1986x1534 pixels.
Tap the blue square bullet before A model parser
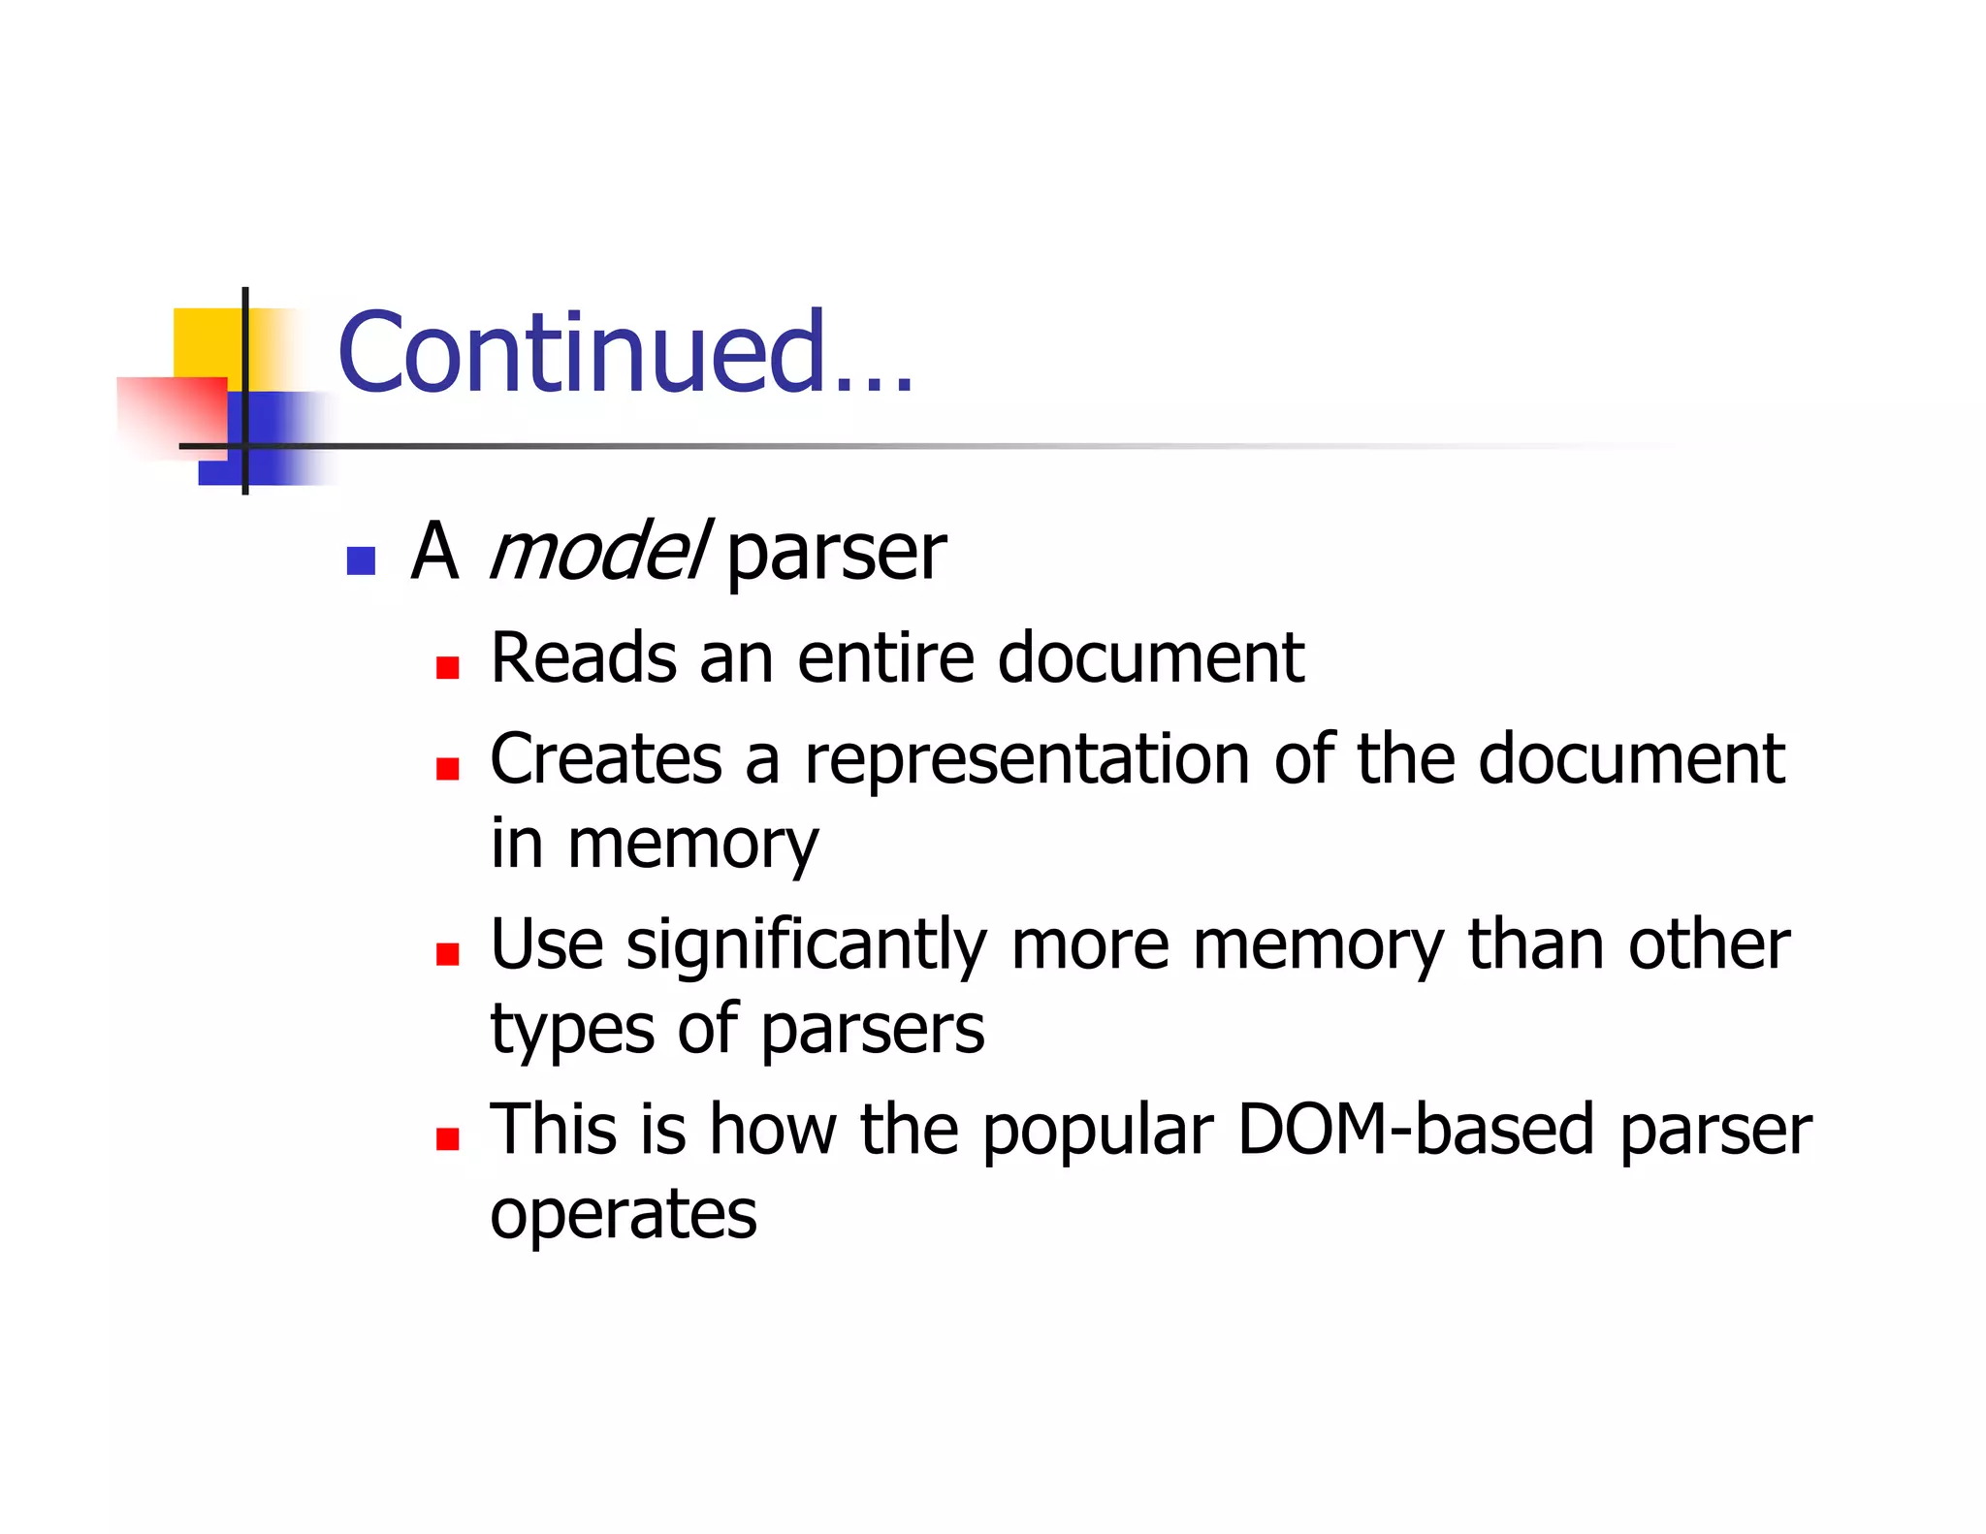(x=361, y=560)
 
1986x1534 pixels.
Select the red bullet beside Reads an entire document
(x=447, y=667)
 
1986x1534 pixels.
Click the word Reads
(x=583, y=658)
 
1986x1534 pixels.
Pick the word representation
(x=1027, y=760)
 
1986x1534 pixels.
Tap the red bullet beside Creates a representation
(x=447, y=769)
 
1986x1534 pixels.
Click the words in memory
(x=654, y=844)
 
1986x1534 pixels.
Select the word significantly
(x=806, y=945)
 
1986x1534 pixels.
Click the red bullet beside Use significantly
(x=447, y=954)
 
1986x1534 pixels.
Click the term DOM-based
(x=1416, y=1130)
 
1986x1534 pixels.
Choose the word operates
(x=623, y=1215)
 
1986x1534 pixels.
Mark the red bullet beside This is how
(x=447, y=1138)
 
